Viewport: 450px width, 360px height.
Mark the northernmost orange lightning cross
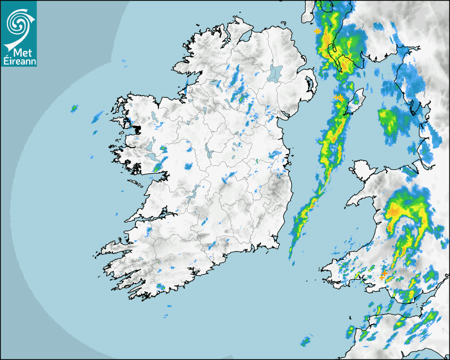317,32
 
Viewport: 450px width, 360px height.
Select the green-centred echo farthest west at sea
74,109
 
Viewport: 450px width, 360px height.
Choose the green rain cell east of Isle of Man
389,120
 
